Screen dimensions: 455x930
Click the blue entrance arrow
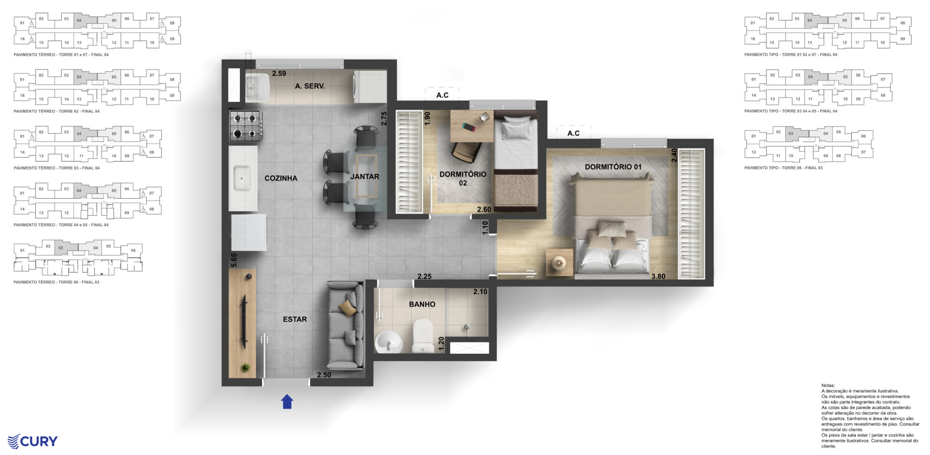pos(287,401)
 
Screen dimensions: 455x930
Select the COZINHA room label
pos(280,178)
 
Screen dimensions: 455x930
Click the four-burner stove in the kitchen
pos(245,126)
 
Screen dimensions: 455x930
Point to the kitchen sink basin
pos(242,179)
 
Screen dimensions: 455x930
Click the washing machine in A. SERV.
pos(370,87)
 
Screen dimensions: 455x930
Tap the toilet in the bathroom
pos(422,335)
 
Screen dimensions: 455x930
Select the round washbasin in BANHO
pos(388,342)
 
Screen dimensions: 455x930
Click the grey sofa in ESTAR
pos(345,325)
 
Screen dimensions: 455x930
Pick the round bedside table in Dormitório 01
pos(559,263)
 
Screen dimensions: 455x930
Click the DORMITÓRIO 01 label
pos(613,167)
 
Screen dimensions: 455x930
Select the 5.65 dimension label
pos(234,260)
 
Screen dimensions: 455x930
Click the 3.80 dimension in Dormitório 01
pos(658,276)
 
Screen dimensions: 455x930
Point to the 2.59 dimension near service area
pos(279,74)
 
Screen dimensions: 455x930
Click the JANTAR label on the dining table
pos(365,177)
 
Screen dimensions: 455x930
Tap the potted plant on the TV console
pos(245,368)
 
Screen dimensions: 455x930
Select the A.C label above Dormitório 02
pos(442,95)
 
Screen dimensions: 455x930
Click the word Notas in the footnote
pos(828,386)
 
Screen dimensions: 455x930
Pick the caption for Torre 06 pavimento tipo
pos(783,168)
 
